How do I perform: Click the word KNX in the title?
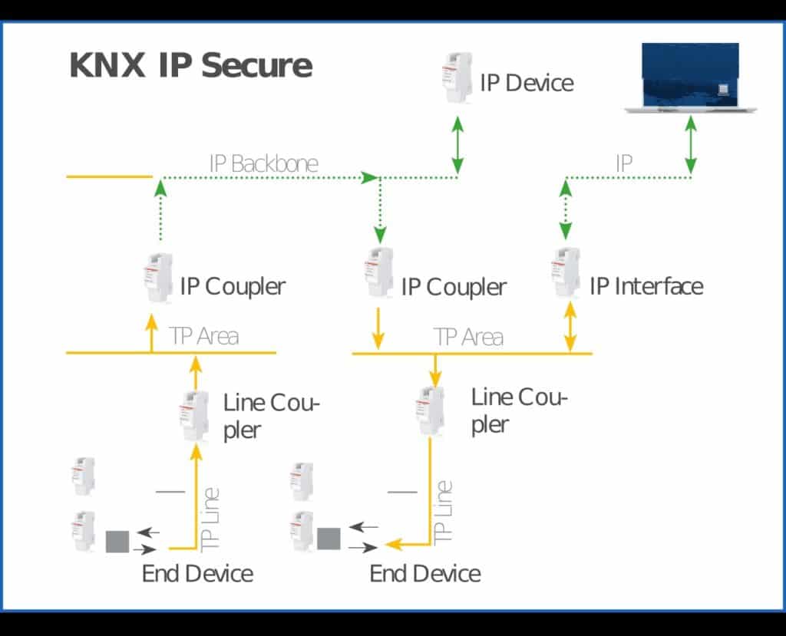(x=107, y=66)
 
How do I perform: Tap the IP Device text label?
(x=527, y=83)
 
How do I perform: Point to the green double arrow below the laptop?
(x=691, y=145)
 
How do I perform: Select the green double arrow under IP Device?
(x=457, y=145)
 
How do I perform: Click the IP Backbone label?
(x=263, y=163)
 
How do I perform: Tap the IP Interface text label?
(x=646, y=286)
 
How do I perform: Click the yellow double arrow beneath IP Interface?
(x=570, y=327)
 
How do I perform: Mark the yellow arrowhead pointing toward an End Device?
(x=395, y=545)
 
